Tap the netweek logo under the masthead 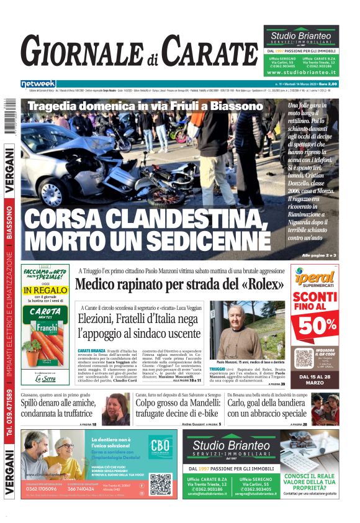pos(38,83)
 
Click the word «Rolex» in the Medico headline pos(261,284)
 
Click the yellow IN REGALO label pos(45,291)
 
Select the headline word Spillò pos(35,403)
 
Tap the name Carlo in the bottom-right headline pos(241,403)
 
